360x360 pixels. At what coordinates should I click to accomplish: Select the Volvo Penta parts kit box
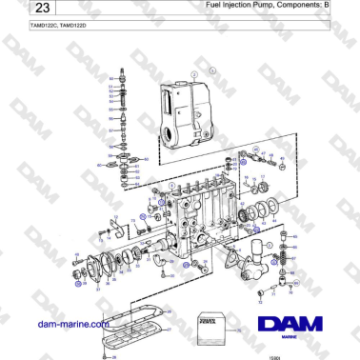pos(210,324)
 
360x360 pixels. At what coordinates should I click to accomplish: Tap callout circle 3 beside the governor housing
pos(213,69)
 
